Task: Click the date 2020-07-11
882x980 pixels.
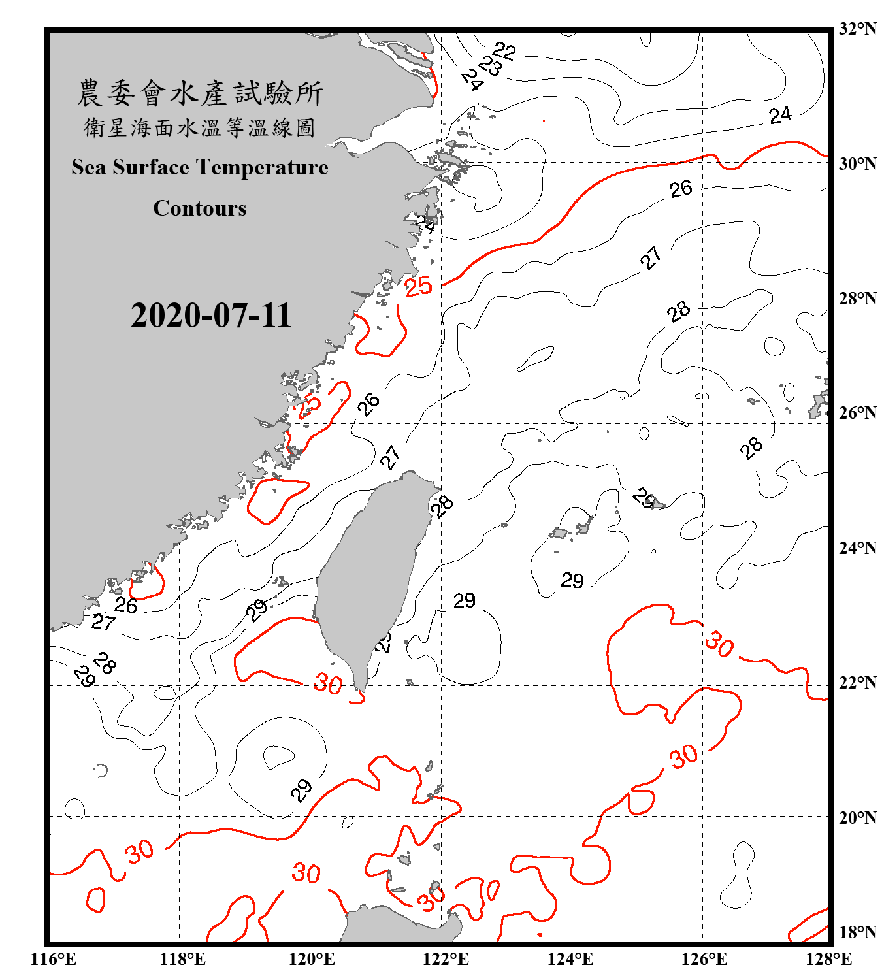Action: [x=210, y=316]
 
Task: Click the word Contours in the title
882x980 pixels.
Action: [x=200, y=208]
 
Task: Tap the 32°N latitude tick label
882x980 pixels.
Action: [x=857, y=29]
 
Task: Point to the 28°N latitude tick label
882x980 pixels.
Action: [x=857, y=299]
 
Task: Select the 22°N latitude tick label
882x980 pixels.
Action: [x=857, y=683]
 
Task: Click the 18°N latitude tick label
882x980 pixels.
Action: [x=857, y=932]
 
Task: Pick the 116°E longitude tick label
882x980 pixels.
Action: [x=54, y=959]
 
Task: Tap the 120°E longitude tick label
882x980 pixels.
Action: [x=312, y=959]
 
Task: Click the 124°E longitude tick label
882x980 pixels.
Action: [x=570, y=959]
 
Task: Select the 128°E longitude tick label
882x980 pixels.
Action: [x=828, y=959]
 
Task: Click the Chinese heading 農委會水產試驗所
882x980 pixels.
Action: [x=200, y=93]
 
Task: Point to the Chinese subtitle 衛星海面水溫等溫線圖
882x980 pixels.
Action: [x=200, y=127]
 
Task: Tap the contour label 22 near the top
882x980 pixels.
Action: [x=504, y=50]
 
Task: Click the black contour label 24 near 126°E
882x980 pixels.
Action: [x=780, y=116]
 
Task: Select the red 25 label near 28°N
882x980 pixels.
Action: [x=419, y=286]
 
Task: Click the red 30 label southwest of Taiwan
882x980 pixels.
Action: [x=328, y=684]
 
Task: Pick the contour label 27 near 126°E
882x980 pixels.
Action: [x=651, y=258]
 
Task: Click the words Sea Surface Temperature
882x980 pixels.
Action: [x=200, y=167]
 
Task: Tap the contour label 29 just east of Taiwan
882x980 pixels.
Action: [x=465, y=600]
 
